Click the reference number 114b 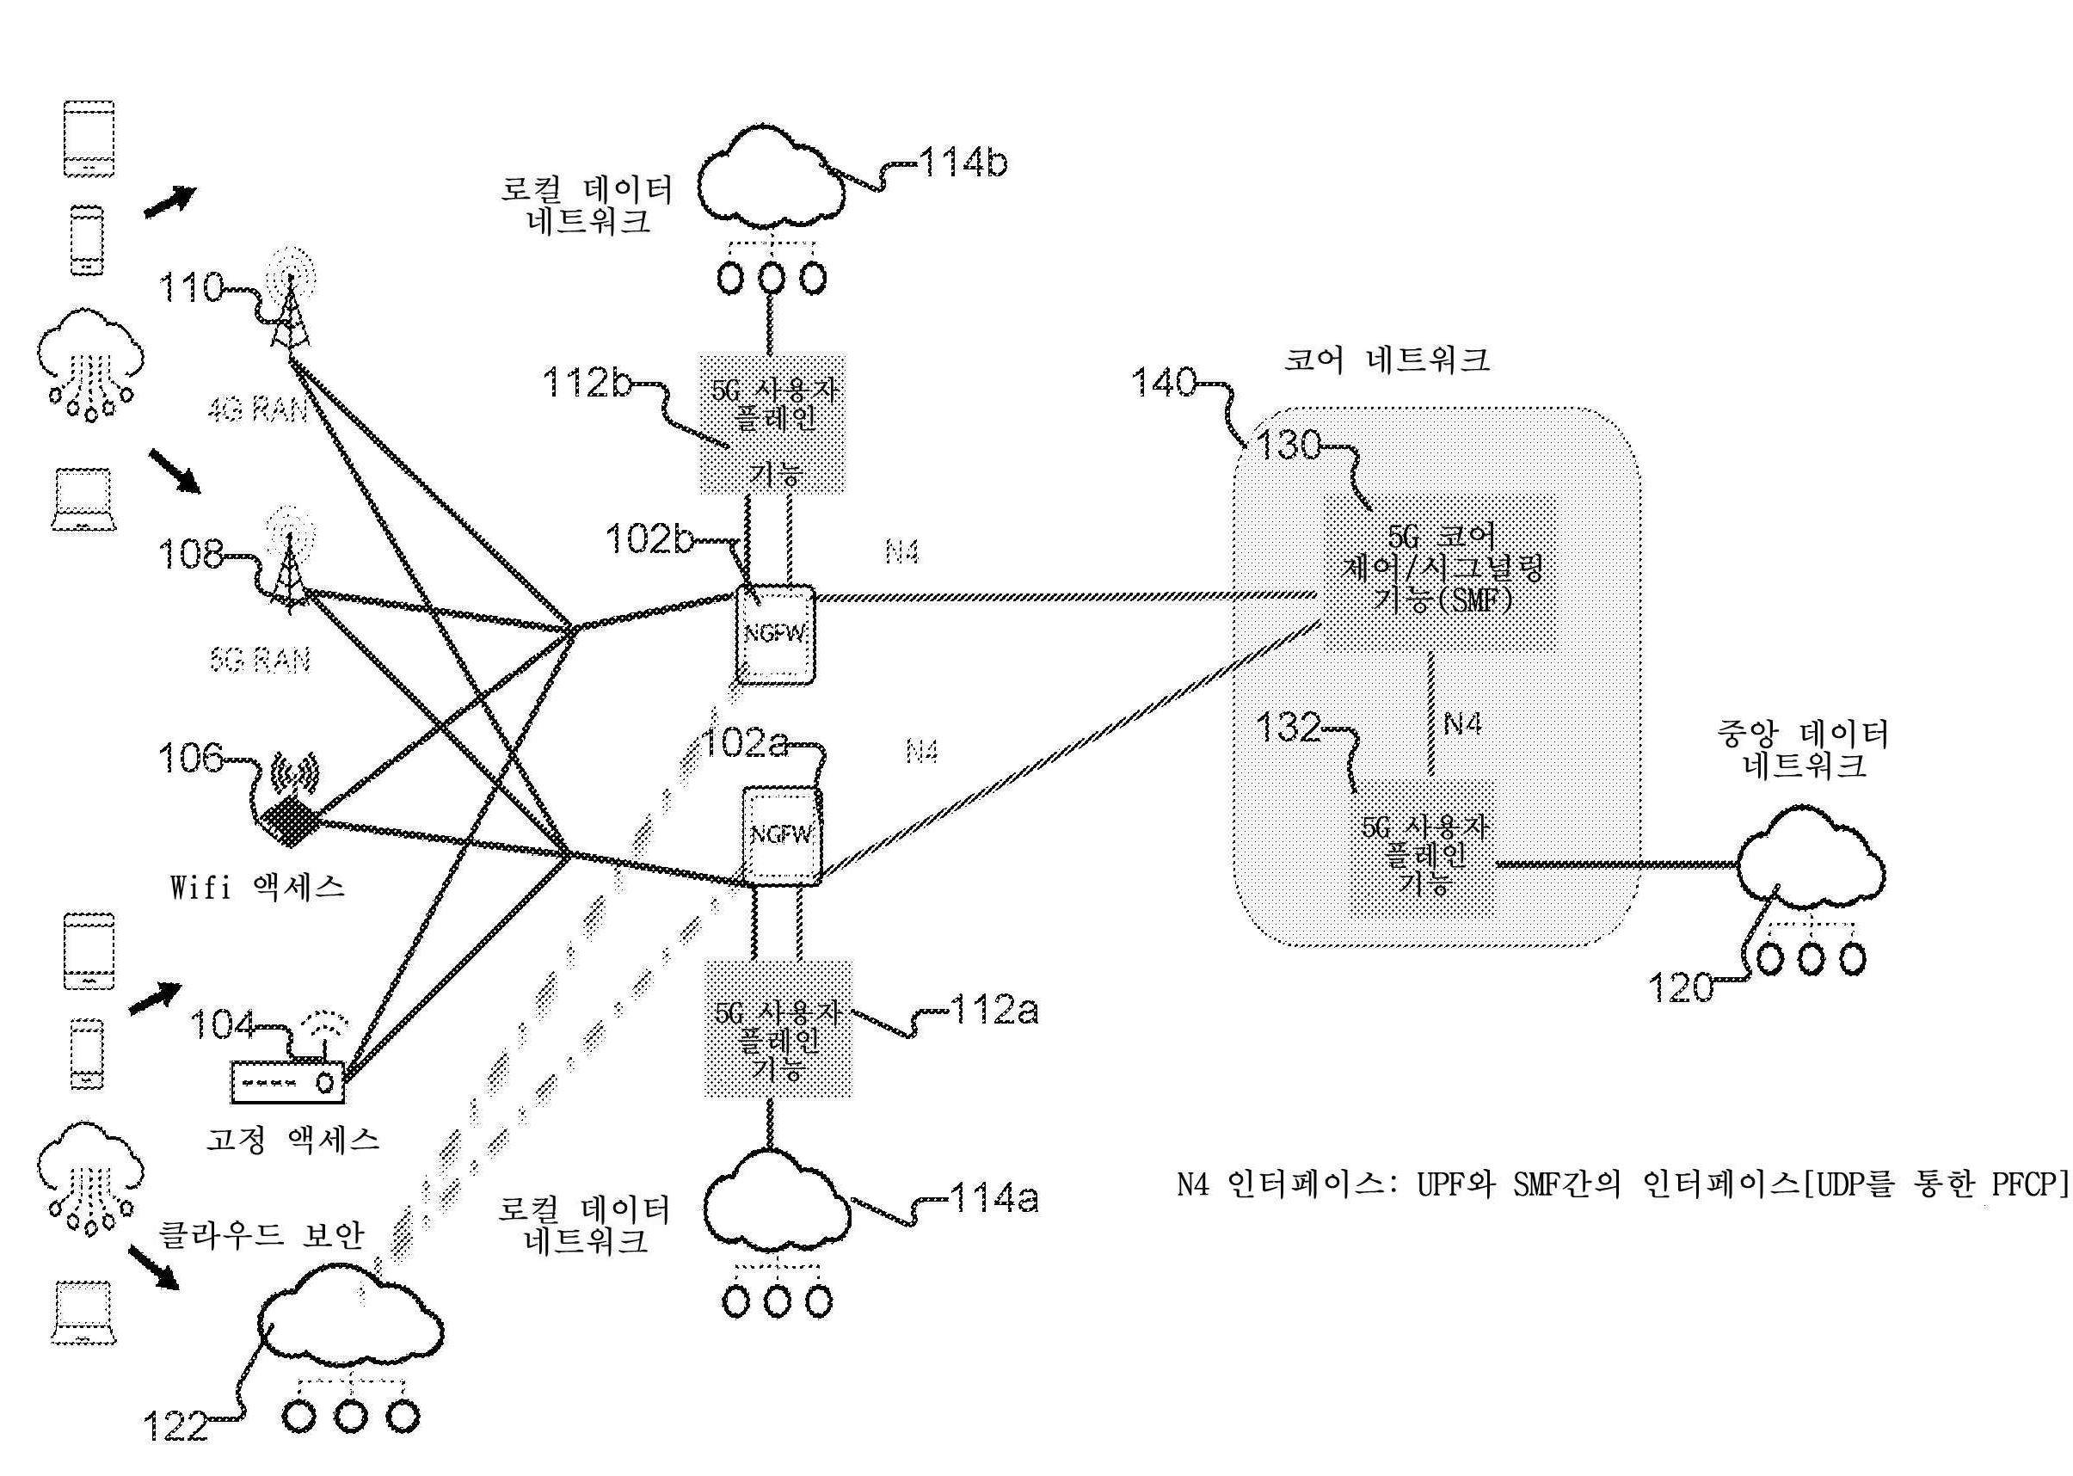[963, 164]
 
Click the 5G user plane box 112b [772, 423]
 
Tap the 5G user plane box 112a [778, 1041]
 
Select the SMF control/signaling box [1441, 573]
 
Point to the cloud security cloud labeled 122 [350, 1331]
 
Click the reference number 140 [1164, 383]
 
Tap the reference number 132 [1288, 728]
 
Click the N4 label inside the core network [1462, 723]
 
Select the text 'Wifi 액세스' [258, 887]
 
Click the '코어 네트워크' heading [1386, 360]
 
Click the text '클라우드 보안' [261, 1236]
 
